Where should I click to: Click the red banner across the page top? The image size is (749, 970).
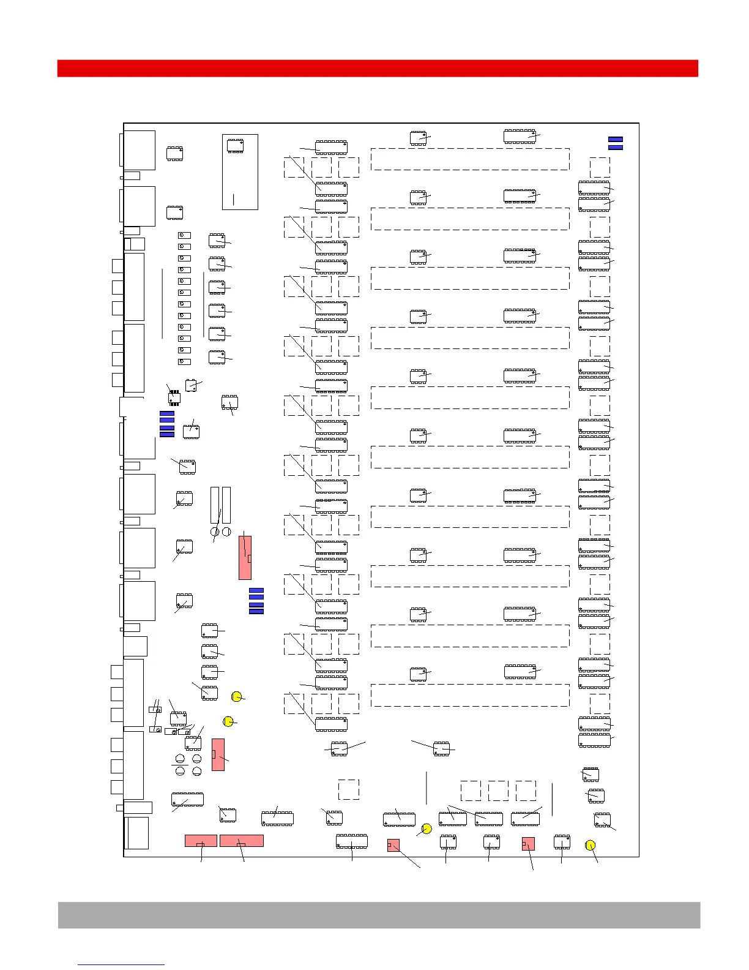(378, 68)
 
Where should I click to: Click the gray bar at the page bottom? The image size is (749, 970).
(379, 914)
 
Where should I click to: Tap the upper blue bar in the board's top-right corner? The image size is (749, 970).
(616, 140)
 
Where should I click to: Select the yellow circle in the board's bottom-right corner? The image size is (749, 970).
(590, 845)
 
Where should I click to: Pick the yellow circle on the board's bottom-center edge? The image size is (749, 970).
(427, 829)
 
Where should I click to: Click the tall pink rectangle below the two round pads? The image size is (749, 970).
(245, 557)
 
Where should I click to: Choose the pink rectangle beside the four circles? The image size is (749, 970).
(218, 754)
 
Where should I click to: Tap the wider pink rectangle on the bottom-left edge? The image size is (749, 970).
(242, 841)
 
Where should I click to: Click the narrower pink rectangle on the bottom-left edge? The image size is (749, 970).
(201, 841)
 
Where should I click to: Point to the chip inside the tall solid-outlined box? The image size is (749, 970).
(235, 146)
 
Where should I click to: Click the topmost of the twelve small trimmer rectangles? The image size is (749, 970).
(184, 235)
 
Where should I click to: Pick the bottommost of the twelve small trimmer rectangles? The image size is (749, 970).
(184, 361)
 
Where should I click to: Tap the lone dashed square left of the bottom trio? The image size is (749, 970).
(349, 789)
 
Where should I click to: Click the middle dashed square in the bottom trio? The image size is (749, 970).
(498, 791)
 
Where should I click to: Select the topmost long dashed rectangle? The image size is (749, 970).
(470, 159)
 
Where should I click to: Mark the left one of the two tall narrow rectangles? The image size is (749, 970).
(214, 505)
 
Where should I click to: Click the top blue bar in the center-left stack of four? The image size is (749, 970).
(256, 590)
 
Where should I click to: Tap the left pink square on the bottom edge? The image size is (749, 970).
(393, 845)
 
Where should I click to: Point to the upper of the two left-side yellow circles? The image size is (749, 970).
(237, 696)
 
